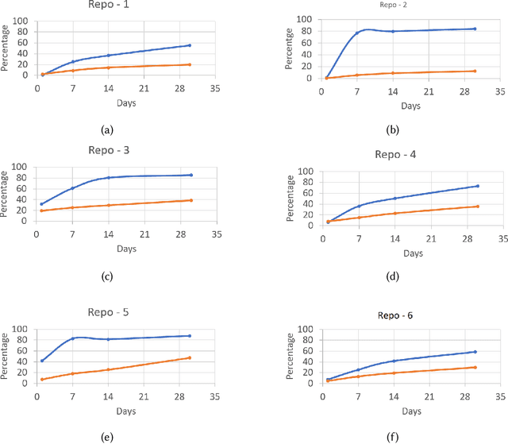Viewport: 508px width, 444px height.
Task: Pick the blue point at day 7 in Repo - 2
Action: [356, 33]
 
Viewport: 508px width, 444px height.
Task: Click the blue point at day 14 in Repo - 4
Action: [394, 199]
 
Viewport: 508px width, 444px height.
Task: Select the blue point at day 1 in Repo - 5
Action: [42, 361]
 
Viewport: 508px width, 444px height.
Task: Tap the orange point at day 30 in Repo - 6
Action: [475, 367]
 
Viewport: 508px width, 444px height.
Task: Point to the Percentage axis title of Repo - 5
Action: [6, 356]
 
